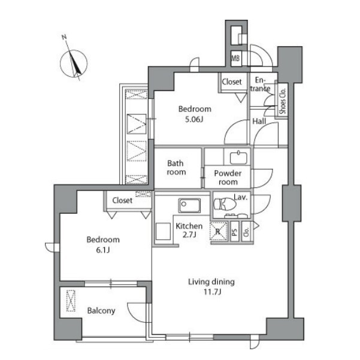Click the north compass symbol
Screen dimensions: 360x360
point(74,63)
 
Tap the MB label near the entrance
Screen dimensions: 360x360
point(235,58)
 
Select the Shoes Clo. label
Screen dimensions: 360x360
point(283,101)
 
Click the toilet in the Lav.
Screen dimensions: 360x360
point(225,204)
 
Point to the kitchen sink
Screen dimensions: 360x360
point(189,205)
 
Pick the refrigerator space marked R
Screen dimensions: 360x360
point(219,231)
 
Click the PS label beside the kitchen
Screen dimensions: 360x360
point(235,232)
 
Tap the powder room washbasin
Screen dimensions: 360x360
point(238,158)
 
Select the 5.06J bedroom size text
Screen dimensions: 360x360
point(194,120)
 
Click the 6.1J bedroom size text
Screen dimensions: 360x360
point(102,250)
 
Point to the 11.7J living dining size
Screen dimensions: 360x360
point(213,292)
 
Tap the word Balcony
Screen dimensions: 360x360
point(101,311)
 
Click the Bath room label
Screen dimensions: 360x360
point(176,168)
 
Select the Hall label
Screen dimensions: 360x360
point(259,121)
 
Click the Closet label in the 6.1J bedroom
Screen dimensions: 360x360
point(122,201)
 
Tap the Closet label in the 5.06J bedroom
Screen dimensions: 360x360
point(232,81)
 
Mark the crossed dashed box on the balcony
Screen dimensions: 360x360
point(71,301)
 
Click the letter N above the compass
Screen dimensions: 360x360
point(64,37)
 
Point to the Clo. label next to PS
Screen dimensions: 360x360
point(246,232)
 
